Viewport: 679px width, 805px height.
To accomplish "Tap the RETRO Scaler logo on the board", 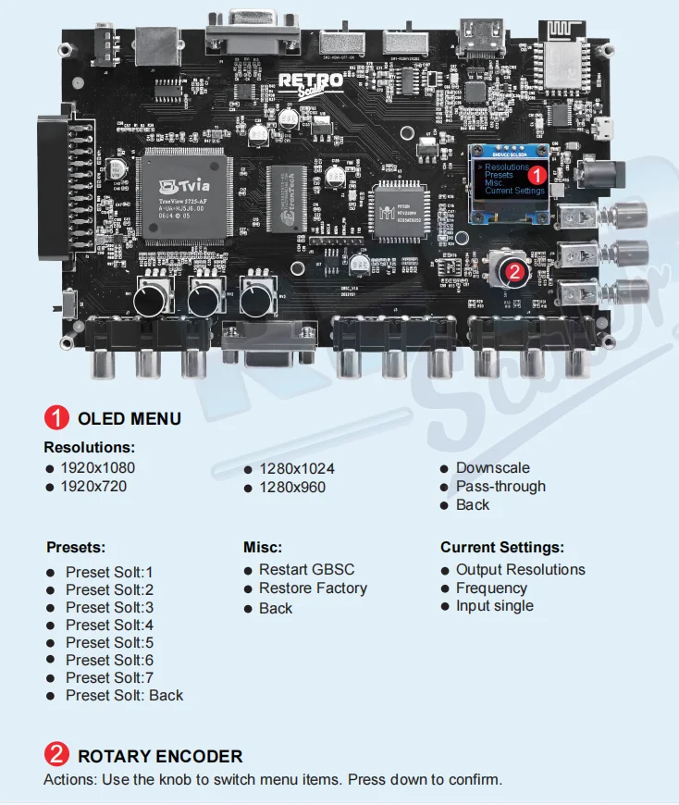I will point(311,81).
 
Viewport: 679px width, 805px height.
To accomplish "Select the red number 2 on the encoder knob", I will point(516,271).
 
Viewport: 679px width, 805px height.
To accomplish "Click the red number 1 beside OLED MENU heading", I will point(57,418).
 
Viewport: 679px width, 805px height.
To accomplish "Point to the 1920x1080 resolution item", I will point(97,467).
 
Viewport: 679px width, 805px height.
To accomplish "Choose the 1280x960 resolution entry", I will point(291,487).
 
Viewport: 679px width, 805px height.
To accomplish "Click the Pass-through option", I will point(500,486).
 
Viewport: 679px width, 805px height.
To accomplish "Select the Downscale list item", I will point(492,467).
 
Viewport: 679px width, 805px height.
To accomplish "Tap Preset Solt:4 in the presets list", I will point(109,625).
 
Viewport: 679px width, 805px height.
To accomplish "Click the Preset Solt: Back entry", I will point(124,695).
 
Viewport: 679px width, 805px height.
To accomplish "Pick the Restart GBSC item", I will point(306,569).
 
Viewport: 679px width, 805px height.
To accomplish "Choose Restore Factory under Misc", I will point(313,588).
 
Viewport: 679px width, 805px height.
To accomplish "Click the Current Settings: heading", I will point(501,547).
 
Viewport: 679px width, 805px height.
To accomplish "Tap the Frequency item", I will point(491,588).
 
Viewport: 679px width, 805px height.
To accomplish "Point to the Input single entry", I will point(494,605).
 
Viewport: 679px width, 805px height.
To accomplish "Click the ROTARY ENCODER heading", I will point(160,756).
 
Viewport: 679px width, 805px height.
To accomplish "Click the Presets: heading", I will point(76,547).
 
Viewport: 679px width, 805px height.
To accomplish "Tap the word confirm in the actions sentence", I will point(475,779).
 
